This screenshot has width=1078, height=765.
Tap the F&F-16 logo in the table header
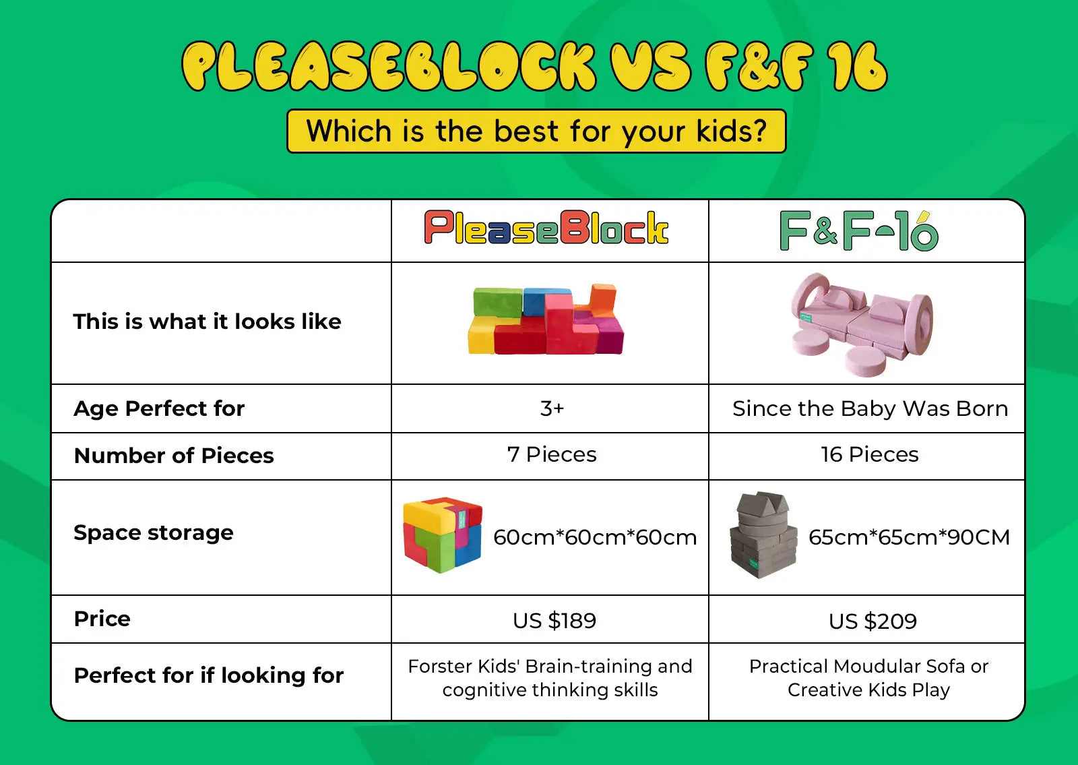click(859, 231)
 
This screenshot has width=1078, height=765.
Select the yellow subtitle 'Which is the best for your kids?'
click(536, 131)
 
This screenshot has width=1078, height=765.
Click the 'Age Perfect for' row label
click(159, 408)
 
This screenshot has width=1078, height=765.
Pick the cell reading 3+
click(552, 408)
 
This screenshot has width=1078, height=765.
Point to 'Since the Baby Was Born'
click(870, 408)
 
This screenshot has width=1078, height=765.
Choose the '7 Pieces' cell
click(552, 454)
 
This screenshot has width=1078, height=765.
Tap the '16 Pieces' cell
click(870, 454)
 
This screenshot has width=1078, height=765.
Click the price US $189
click(554, 621)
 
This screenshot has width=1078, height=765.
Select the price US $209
click(873, 621)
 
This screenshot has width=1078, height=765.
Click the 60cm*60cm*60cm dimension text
click(595, 537)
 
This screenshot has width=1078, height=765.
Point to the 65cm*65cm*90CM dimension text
click(909, 537)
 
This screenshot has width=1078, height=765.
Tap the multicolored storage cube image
click(443, 535)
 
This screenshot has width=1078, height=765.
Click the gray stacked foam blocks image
click(763, 534)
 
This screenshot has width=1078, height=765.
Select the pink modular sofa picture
click(862, 324)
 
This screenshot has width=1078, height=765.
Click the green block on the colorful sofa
click(497, 303)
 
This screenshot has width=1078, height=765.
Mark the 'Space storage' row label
click(154, 533)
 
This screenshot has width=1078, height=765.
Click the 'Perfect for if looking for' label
click(209, 675)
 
